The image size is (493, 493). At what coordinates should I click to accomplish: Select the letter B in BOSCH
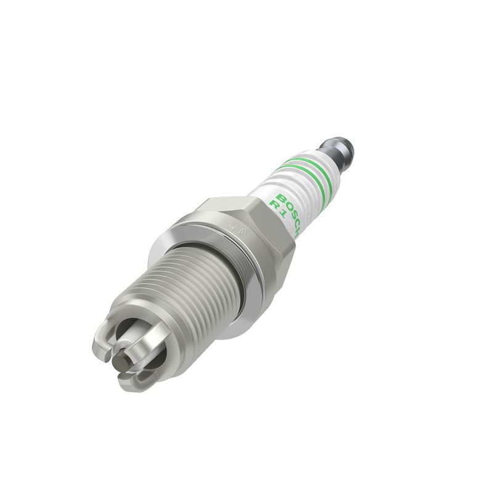[280, 197]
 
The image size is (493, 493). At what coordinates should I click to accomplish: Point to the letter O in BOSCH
[284, 203]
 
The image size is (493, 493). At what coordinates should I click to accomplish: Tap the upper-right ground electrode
[148, 324]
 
